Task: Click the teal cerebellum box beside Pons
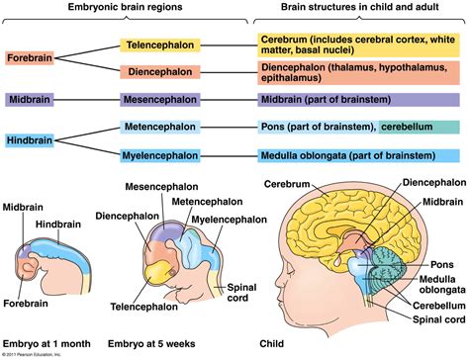tap(418, 128)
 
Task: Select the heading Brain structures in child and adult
tap(358, 9)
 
